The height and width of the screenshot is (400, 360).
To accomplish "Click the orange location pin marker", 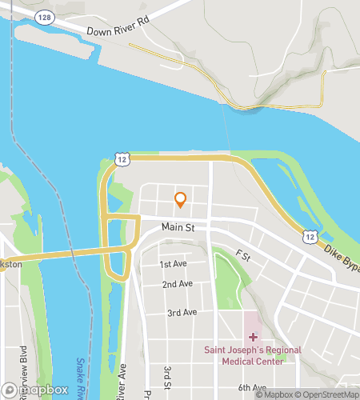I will tap(181, 199).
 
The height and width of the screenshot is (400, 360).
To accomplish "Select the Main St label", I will tap(178, 228).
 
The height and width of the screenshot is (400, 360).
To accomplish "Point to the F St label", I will tap(243, 257).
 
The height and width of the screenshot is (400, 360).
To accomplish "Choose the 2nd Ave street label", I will tap(177, 284).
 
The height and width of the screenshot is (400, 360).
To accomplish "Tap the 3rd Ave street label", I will tap(182, 313).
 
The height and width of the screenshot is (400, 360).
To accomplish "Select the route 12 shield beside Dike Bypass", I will tap(310, 238).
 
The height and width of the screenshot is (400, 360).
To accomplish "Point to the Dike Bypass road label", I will tap(341, 258).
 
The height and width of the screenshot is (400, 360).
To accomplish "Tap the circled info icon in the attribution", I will tap(353, 394).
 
